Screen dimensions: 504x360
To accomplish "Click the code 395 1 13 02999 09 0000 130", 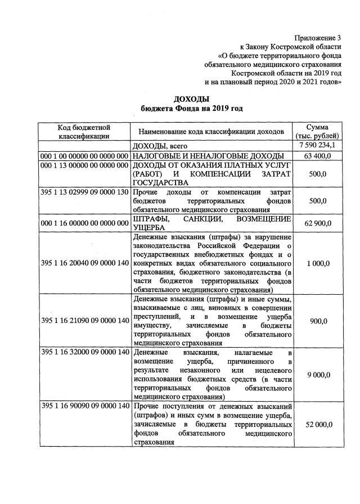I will click(x=84, y=192).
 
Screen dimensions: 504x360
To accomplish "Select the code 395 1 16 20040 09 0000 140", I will click(x=84, y=263).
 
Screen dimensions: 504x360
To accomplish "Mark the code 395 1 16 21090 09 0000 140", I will click(x=84, y=321).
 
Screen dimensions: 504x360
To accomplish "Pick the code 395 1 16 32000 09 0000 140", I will click(x=84, y=352).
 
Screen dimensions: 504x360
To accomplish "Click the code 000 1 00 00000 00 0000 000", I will click(x=84, y=155).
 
